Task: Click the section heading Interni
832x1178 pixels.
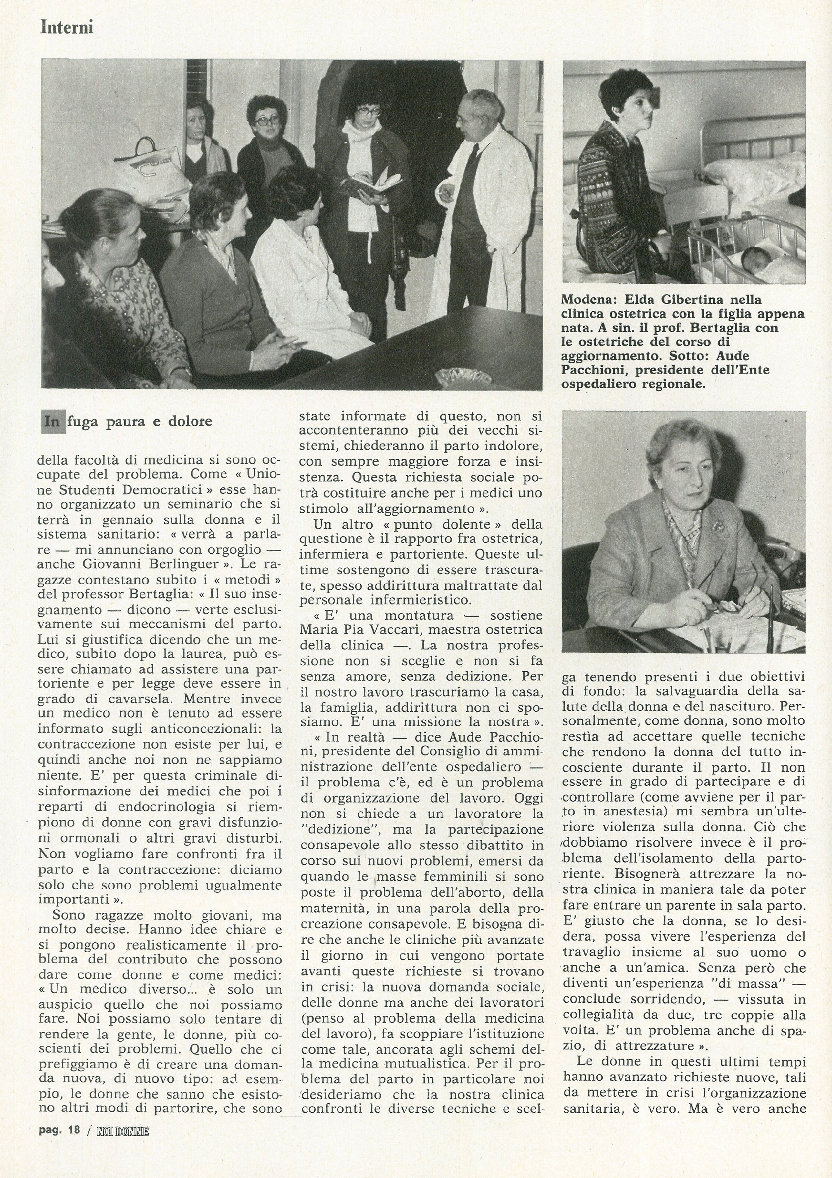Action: [67, 27]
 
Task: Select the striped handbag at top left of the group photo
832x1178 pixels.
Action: [149, 164]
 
